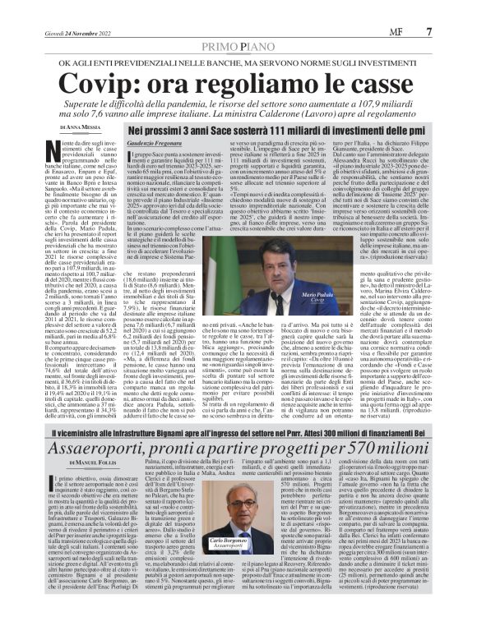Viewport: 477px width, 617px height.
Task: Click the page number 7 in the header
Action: point(452,31)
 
